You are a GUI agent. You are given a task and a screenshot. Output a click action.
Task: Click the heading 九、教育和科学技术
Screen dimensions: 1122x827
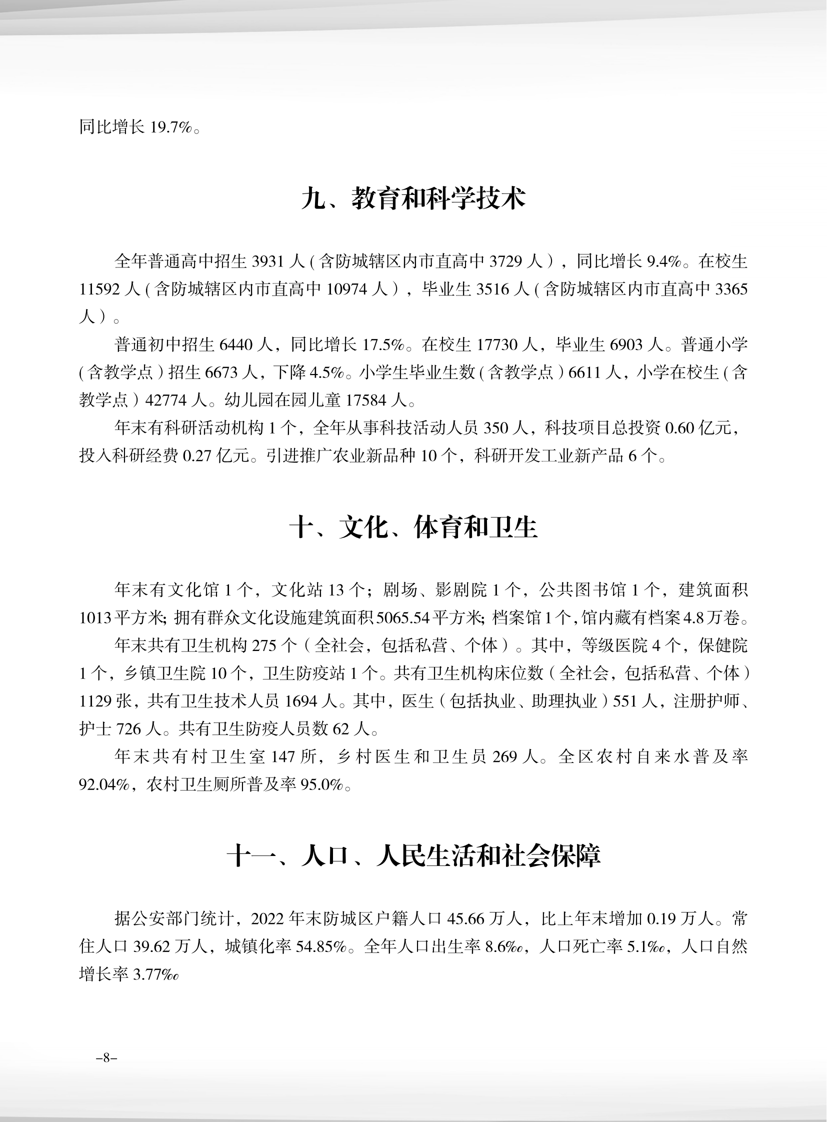[413, 199]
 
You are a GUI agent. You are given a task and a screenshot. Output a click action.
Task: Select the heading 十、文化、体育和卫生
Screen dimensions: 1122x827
[413, 528]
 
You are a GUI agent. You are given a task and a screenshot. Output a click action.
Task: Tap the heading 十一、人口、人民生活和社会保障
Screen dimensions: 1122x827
[413, 856]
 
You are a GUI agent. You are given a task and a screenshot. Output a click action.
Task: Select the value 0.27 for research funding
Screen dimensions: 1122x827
[196, 455]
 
